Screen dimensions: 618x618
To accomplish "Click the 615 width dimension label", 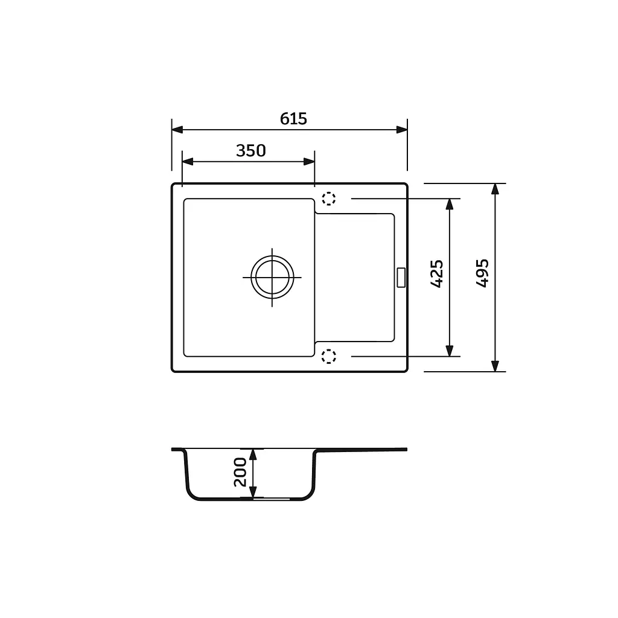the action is (293, 119).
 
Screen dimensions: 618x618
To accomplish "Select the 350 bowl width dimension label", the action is (250, 150).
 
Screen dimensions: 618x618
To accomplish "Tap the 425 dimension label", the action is (437, 273).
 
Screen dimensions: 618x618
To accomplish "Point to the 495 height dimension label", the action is (482, 273).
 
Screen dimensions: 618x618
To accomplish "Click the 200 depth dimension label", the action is (240, 472).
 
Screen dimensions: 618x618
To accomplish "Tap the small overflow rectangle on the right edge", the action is (401, 278).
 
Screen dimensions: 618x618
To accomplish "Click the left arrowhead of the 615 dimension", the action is (177, 130).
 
